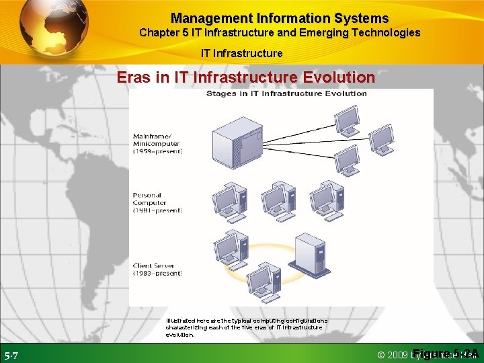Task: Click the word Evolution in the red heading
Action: (x=338, y=77)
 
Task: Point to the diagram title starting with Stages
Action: (x=286, y=93)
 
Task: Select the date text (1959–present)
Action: (x=158, y=151)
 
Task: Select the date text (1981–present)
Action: (x=158, y=210)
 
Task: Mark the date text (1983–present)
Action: (x=158, y=274)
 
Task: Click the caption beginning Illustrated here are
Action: (x=247, y=327)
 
